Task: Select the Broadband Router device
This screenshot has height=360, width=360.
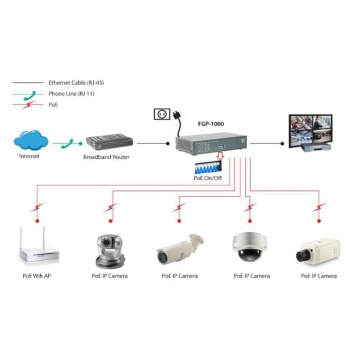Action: [x=108, y=143]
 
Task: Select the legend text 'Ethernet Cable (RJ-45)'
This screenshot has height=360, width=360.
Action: [x=76, y=82]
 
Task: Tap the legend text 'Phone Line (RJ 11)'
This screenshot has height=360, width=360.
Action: [x=71, y=94]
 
